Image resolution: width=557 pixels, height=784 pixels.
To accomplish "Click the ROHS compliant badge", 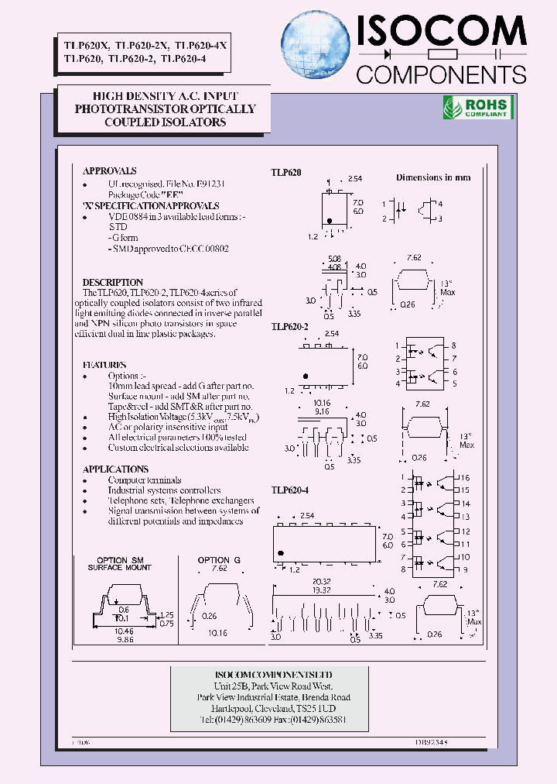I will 476,108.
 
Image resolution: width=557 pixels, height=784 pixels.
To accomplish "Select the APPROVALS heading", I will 110,171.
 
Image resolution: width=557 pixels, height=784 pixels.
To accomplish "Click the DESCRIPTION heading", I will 113,283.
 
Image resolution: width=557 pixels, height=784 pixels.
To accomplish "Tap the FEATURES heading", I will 104,364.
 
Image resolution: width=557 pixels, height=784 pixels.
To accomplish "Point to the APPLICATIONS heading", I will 115,469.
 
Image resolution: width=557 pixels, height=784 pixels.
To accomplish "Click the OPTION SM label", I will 120,560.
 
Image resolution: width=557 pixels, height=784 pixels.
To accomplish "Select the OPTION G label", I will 219,560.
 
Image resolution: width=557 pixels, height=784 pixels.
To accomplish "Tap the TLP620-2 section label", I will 290,328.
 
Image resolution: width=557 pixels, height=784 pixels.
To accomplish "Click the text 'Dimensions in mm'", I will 433,177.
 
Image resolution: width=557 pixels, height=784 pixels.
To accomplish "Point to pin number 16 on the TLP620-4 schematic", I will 466,479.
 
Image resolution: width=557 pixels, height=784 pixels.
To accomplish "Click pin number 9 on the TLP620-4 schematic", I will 464,569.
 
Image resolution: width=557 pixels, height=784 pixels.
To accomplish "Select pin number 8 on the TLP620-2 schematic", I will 453,346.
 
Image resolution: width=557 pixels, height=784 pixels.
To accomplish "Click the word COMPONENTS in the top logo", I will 441,74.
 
